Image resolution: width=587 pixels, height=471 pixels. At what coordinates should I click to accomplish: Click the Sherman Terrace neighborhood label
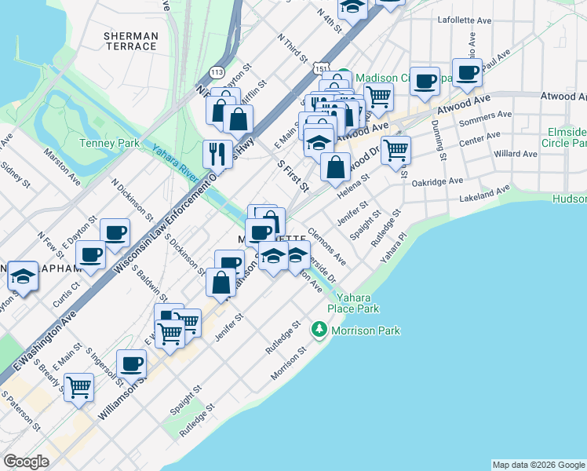coord(131,41)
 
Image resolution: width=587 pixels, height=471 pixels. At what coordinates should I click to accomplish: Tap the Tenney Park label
coord(109,143)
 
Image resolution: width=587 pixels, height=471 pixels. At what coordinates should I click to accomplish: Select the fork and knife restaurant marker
coord(216,152)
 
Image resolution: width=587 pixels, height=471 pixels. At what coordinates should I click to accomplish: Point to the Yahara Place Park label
coord(358,303)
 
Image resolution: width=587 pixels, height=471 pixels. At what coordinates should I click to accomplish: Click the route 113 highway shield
coord(217,72)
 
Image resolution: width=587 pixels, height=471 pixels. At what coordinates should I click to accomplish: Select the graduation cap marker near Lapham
coord(23,277)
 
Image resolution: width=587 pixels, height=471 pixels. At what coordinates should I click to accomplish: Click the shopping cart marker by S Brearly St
coord(79,387)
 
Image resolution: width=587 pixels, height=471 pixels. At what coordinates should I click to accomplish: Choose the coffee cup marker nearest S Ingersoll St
coord(131,363)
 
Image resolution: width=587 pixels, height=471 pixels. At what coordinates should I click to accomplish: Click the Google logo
coord(26,462)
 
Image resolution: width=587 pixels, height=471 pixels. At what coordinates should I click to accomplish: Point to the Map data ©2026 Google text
coord(538,465)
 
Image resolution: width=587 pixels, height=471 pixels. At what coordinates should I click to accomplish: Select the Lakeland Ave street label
coord(485,193)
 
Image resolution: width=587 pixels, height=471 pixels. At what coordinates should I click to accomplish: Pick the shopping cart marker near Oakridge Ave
coord(396,148)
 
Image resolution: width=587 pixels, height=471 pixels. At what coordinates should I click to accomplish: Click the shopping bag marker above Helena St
coord(335,166)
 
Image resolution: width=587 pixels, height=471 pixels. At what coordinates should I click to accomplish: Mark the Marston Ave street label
coord(63,166)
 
